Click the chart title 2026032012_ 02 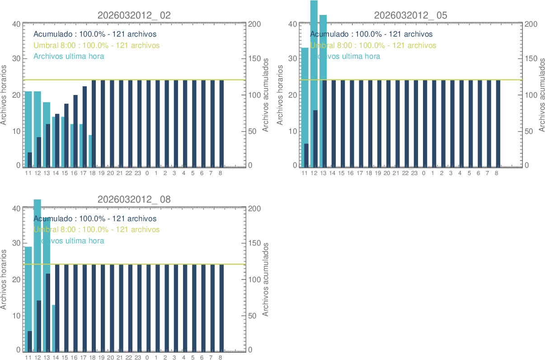click(x=134, y=15)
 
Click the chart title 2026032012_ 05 click(x=410, y=15)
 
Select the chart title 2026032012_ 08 click(x=134, y=199)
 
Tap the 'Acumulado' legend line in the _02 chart click(x=95, y=34)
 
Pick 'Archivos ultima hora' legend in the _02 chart click(x=69, y=56)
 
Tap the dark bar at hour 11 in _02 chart click(x=30, y=160)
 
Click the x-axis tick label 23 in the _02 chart click(x=138, y=173)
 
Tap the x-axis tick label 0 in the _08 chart click(x=147, y=358)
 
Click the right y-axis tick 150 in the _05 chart click(x=531, y=59)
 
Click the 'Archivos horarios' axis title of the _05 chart click(x=280, y=95)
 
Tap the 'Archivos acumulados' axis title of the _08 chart click(x=266, y=279)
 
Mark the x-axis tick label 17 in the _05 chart click(x=360, y=173)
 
